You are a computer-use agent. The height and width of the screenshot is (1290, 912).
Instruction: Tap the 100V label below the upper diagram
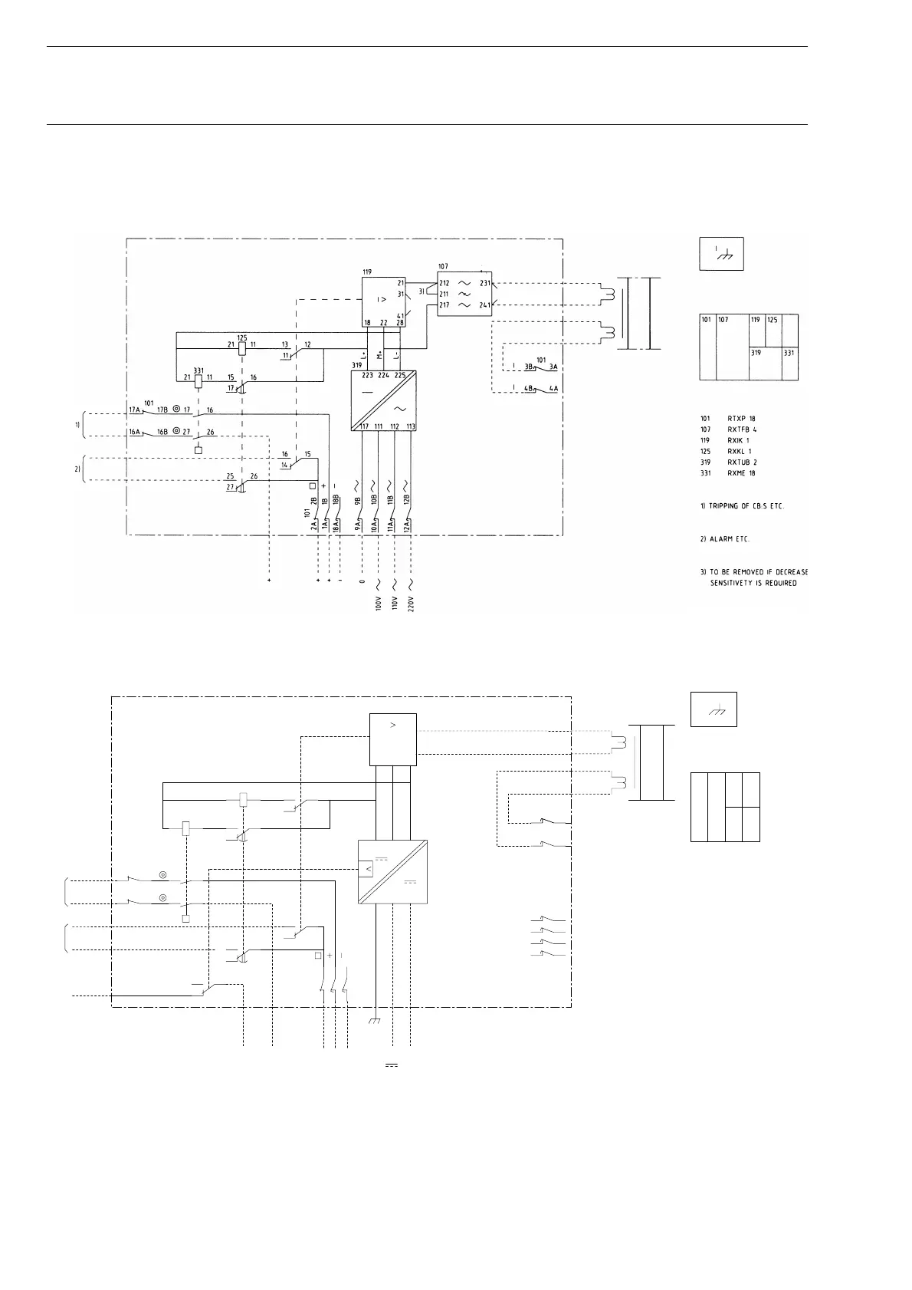pyautogui.click(x=378, y=601)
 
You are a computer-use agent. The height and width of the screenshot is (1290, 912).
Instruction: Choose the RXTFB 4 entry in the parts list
pyautogui.click(x=742, y=429)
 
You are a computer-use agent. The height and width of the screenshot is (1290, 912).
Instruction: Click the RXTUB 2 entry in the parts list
pyautogui.click(x=742, y=462)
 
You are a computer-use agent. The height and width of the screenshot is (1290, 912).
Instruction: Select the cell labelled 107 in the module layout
pyautogui.click(x=723, y=319)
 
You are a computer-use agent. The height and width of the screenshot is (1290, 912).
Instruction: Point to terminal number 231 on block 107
pyautogui.click(x=485, y=283)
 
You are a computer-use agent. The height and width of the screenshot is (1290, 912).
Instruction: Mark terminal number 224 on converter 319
pyautogui.click(x=383, y=376)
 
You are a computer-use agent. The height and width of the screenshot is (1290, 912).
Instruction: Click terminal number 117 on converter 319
pyautogui.click(x=363, y=426)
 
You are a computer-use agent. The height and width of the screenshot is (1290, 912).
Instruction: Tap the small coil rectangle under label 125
pyautogui.click(x=241, y=346)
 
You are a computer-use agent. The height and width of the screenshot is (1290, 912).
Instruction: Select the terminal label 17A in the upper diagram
pyautogui.click(x=134, y=410)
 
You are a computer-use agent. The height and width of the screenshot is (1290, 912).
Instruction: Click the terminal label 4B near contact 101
pyautogui.click(x=528, y=388)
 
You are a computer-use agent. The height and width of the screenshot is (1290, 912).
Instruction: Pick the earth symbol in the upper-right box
pyautogui.click(x=721, y=256)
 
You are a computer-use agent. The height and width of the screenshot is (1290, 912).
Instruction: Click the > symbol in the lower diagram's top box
pyautogui.click(x=392, y=725)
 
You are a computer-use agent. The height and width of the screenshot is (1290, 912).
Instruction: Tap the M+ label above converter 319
pyautogui.click(x=379, y=355)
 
